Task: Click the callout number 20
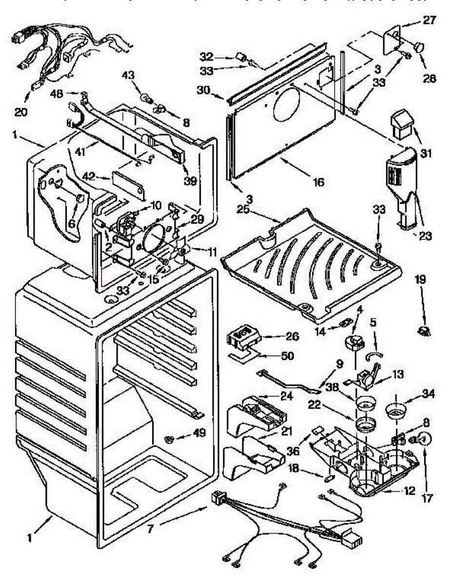[x=20, y=112]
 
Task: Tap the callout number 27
[x=430, y=20]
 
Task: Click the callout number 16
[x=317, y=183]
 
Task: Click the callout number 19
[x=420, y=280]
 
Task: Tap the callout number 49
[x=199, y=433]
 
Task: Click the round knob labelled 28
[x=418, y=47]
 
